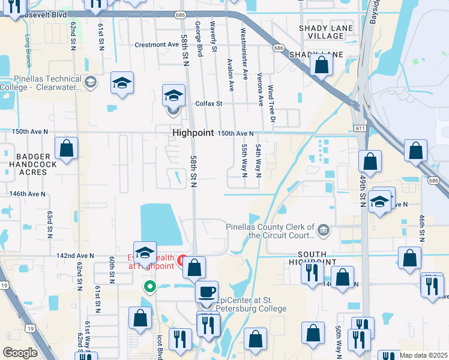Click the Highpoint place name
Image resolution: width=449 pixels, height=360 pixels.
tap(193, 133)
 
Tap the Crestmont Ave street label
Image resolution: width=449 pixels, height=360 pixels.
tap(157, 44)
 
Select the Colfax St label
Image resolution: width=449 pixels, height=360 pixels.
tap(209, 103)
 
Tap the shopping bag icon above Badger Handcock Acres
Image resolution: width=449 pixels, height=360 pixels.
tap(67, 148)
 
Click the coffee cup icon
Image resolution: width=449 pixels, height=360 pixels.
tap(207, 292)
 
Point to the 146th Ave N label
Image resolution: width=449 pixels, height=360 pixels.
tap(28, 194)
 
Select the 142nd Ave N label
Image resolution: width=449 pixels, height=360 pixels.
tap(75, 256)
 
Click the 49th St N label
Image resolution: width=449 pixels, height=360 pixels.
tap(363, 190)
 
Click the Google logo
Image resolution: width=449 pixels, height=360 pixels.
tap(20, 353)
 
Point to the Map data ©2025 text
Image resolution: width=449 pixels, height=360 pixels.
tap(423, 355)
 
